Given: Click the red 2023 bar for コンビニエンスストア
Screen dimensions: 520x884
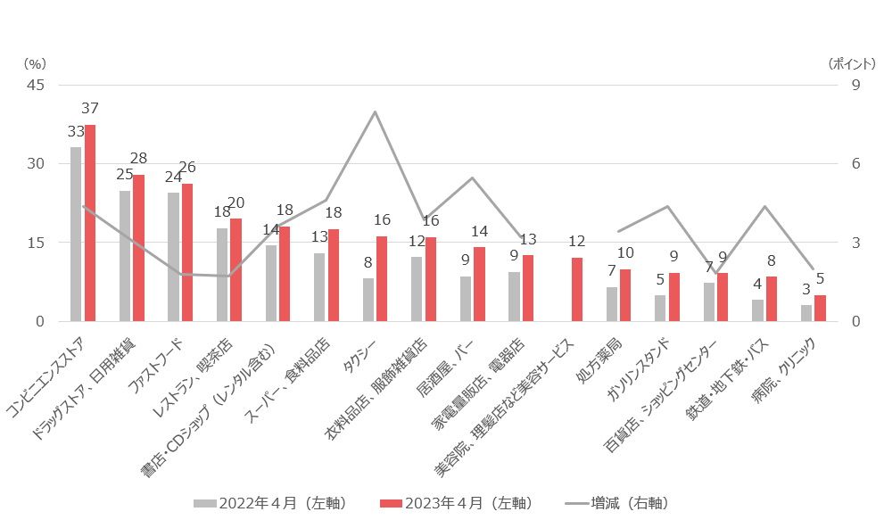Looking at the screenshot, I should pyautogui.click(x=90, y=223).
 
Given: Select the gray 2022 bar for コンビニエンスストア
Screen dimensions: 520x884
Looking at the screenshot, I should pyautogui.click(x=76, y=234).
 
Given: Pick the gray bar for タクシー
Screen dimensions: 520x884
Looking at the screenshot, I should pyautogui.click(x=368, y=300).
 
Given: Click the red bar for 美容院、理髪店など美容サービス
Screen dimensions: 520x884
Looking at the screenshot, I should pyautogui.click(x=577, y=289).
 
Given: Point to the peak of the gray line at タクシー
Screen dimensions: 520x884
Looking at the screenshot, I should pyautogui.click(x=375, y=111).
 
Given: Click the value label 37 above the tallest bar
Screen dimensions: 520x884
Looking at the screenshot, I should pyautogui.click(x=90, y=109).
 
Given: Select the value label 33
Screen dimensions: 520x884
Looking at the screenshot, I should pyautogui.click(x=75, y=131).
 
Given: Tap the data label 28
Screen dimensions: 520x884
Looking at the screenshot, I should pyautogui.click(x=138, y=159).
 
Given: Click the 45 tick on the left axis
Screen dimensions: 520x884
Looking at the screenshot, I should pyautogui.click(x=37, y=86).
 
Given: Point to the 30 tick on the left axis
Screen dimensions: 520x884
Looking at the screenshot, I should pyautogui.click(x=37, y=164).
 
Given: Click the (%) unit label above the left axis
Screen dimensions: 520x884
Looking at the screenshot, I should pyautogui.click(x=34, y=63).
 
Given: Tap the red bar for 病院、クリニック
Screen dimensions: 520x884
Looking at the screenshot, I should pyautogui.click(x=820, y=308).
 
